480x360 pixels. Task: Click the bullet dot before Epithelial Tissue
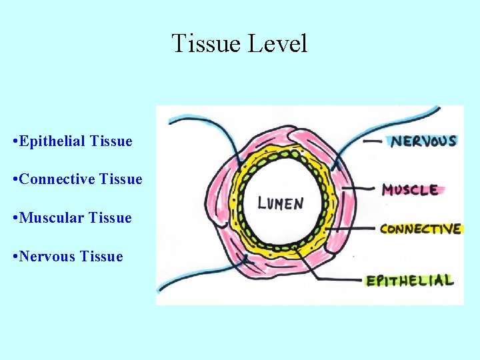tap(15, 142)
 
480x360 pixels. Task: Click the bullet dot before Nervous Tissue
tap(15, 257)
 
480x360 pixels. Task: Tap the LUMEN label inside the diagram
tap(281, 203)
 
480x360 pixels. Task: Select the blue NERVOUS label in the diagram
tap(423, 141)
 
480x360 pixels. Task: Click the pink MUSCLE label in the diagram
tap(411, 190)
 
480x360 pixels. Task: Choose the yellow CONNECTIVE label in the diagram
tap(420, 229)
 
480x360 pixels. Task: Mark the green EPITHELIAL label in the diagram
tap(410, 281)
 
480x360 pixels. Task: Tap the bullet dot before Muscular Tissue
tap(15, 219)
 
